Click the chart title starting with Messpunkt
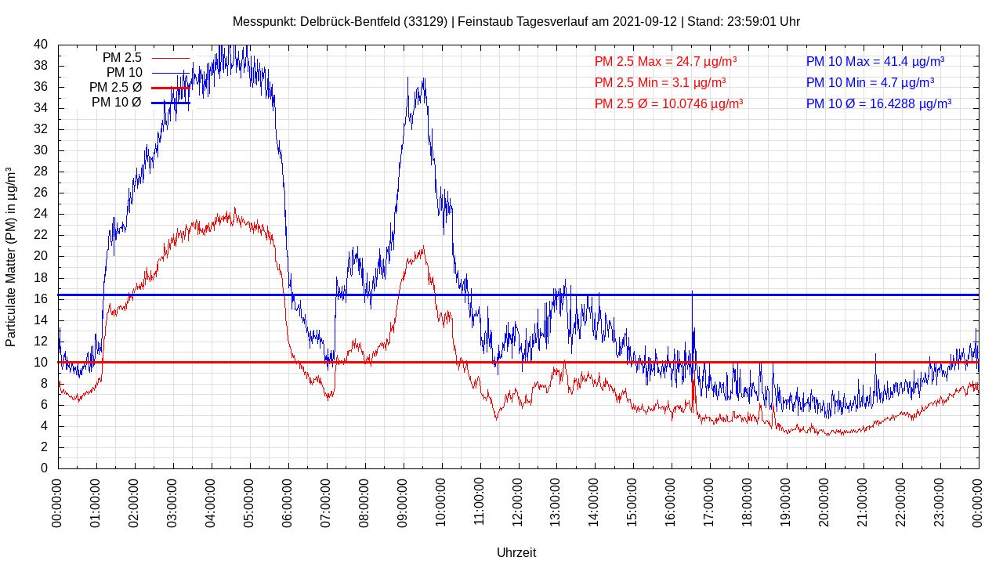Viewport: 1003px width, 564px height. pos(516,21)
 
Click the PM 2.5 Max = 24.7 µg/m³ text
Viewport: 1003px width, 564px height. pos(665,61)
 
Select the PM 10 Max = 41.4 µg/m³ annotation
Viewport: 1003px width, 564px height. pos(874,61)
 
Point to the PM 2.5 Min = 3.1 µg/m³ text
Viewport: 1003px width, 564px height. pos(660,82)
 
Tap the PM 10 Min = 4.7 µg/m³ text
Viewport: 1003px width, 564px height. pos(870,82)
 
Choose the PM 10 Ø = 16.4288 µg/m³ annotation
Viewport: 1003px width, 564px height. pos(878,103)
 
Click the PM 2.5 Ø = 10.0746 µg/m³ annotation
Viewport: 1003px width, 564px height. pos(668,103)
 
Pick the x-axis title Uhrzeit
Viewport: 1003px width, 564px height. pos(516,552)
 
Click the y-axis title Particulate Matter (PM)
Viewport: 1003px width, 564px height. pos(11,257)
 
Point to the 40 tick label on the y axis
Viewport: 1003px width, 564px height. pos(41,45)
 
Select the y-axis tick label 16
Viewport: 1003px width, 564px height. pos(41,299)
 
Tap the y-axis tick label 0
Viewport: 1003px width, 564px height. pos(44,468)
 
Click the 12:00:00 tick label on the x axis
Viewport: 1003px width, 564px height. pos(519,501)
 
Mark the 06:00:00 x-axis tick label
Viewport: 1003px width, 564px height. pos(288,501)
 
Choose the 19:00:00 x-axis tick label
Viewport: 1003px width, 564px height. pos(787,501)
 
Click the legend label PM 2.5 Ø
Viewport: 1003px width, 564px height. pos(115,88)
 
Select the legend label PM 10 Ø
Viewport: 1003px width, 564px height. pos(117,103)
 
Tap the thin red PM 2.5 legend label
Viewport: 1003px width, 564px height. pos(121,58)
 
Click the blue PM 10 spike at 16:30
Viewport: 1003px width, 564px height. pos(693,294)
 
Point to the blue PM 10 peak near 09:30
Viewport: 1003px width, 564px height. pos(423,80)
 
